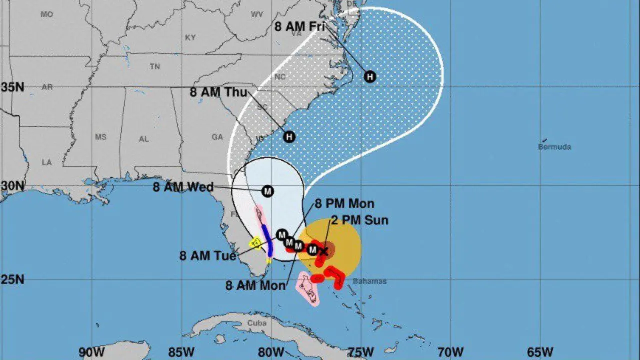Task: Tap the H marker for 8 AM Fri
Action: click(x=370, y=76)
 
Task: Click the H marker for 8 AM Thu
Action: click(x=289, y=136)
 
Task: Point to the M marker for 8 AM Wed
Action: click(x=267, y=191)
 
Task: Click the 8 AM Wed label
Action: click(x=183, y=187)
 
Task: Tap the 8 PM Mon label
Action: click(x=344, y=204)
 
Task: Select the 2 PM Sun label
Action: click(x=359, y=220)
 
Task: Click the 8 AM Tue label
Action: click(x=207, y=255)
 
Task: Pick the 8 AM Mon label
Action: click(x=255, y=285)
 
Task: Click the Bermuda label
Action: click(x=554, y=147)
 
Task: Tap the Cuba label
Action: click(x=256, y=323)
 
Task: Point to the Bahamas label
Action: click(x=369, y=281)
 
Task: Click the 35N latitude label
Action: click(x=12, y=87)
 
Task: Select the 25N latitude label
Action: click(x=12, y=279)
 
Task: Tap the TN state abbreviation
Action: click(x=155, y=67)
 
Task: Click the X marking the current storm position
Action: click(x=324, y=251)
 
